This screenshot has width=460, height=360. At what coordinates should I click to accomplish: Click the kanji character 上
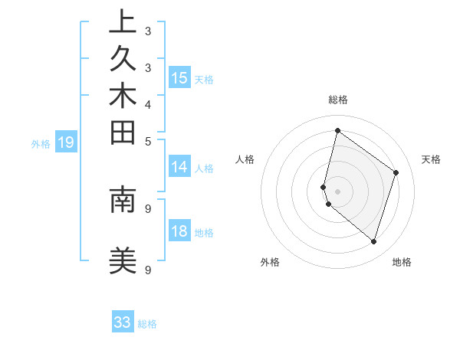click(123, 23)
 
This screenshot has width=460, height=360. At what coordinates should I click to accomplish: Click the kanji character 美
click(123, 261)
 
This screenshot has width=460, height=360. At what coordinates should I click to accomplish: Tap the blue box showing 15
click(179, 78)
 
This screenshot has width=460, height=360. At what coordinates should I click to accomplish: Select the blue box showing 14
click(179, 168)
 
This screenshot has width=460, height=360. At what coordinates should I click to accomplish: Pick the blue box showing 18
click(179, 232)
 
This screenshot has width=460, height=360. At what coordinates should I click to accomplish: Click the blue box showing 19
click(67, 142)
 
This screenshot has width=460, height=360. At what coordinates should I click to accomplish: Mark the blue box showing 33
click(123, 322)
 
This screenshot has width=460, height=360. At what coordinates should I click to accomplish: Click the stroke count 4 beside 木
click(148, 104)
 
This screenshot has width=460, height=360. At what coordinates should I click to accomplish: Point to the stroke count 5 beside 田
click(148, 141)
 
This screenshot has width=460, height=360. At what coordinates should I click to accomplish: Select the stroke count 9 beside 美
click(148, 270)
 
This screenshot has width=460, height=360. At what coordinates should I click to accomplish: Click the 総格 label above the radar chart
click(338, 100)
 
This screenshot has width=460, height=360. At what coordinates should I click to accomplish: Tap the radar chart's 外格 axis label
click(270, 262)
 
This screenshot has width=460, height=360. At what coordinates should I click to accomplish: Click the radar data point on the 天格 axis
click(396, 172)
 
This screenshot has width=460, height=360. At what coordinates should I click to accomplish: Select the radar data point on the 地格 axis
click(373, 242)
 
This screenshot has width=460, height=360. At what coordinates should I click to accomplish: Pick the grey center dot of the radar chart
click(338, 191)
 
